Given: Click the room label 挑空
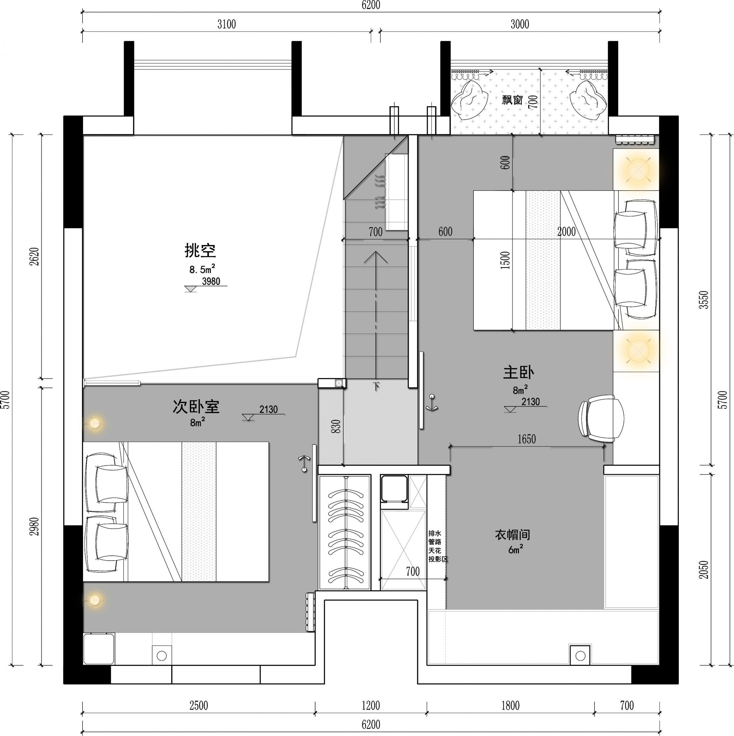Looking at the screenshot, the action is pyautogui.click(x=200, y=250).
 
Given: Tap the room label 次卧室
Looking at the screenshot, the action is pyautogui.click(x=196, y=407).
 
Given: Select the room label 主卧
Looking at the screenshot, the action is pyautogui.click(x=518, y=372).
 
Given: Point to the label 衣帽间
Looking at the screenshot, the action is pyautogui.click(x=512, y=535).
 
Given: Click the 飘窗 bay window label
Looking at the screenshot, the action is pyautogui.click(x=512, y=100).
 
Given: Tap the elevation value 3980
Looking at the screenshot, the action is pyautogui.click(x=211, y=281).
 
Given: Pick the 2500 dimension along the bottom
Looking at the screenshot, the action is pyautogui.click(x=199, y=706).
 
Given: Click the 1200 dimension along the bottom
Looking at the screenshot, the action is pyautogui.click(x=371, y=706).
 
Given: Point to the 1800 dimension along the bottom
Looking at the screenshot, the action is pyautogui.click(x=510, y=706).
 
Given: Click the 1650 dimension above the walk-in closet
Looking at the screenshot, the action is pyautogui.click(x=526, y=439).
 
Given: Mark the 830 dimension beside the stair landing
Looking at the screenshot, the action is pyautogui.click(x=336, y=427).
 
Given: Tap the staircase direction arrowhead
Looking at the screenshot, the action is pyautogui.click(x=375, y=257).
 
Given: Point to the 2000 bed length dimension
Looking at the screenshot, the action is pyautogui.click(x=566, y=231).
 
